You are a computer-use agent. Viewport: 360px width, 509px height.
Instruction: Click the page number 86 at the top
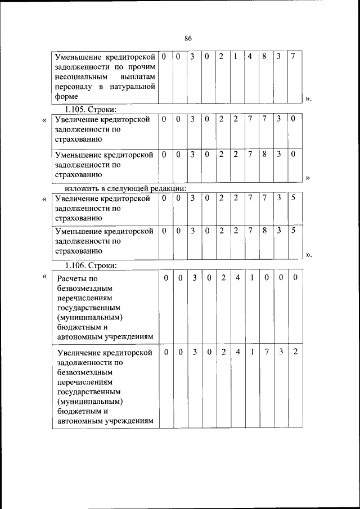click(188, 38)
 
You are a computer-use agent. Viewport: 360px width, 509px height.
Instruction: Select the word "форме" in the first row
click(66, 97)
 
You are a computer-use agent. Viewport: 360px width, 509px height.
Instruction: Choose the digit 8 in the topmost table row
click(264, 57)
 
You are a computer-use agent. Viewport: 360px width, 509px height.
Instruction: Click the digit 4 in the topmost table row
click(250, 57)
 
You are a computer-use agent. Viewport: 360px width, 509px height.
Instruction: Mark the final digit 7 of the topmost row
click(293, 57)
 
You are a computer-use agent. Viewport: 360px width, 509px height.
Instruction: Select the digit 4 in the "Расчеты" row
click(238, 278)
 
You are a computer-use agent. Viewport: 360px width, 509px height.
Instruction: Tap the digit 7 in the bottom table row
click(267, 352)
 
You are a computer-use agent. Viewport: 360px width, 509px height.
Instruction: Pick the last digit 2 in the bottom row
click(295, 352)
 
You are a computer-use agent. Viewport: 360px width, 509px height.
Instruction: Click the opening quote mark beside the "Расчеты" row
click(44, 276)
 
